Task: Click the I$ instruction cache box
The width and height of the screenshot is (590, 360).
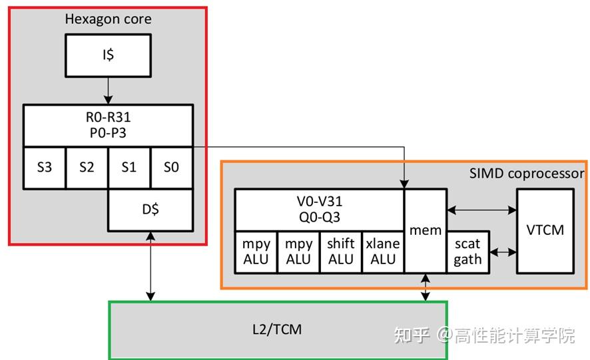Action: [x=109, y=55]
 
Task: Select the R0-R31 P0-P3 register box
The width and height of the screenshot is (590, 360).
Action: [x=109, y=124]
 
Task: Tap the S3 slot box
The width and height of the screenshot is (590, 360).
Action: [x=45, y=167]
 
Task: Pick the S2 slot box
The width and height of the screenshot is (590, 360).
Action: [x=87, y=167]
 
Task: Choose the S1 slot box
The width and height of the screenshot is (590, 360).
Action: [x=129, y=167]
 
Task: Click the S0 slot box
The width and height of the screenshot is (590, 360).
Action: [x=171, y=167]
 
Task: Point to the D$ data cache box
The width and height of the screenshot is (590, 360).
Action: [x=150, y=210]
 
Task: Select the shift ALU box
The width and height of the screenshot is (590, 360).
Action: [x=341, y=252]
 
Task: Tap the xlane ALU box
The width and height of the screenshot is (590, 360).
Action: [x=383, y=252]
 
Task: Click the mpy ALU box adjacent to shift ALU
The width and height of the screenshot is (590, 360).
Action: [x=298, y=252]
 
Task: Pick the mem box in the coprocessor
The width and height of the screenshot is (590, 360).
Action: [x=426, y=230]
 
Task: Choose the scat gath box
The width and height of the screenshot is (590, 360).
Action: [x=467, y=252]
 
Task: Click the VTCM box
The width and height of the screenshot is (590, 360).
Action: [x=545, y=230]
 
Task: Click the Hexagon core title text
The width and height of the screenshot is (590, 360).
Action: [x=108, y=19]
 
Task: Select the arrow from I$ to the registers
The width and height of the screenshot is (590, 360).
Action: [x=109, y=90]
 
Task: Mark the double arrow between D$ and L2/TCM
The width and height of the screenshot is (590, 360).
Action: [x=151, y=266]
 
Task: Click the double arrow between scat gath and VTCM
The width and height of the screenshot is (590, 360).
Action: [x=503, y=252]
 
